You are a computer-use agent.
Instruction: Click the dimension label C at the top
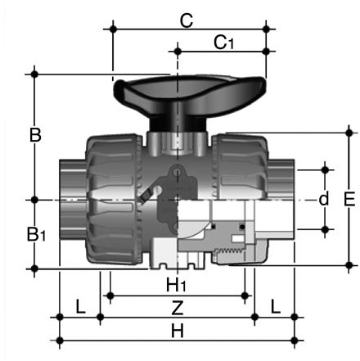(187, 20)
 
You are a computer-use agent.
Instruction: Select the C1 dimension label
(223, 43)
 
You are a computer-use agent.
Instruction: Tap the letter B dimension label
(35, 135)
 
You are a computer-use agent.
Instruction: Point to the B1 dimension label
(36, 234)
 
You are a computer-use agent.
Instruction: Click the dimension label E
(349, 199)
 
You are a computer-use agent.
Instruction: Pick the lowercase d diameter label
(324, 198)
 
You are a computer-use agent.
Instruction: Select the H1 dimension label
(176, 285)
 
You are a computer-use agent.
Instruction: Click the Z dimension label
(178, 308)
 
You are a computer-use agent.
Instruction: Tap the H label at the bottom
(178, 332)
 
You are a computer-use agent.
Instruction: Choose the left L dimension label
(80, 306)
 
